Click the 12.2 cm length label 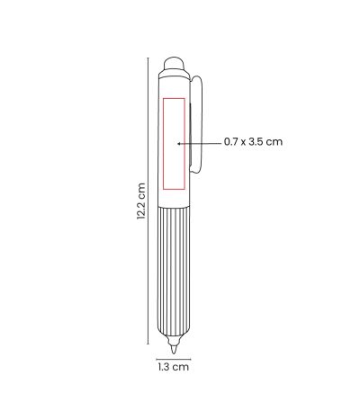[141, 201]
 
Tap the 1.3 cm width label [174, 367]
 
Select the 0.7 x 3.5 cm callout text [254, 141]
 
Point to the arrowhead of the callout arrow [178, 144]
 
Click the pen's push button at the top [174, 63]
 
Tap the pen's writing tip [174, 350]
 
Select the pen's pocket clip [196, 124]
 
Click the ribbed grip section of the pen [174, 270]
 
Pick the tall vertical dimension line [148, 201]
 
